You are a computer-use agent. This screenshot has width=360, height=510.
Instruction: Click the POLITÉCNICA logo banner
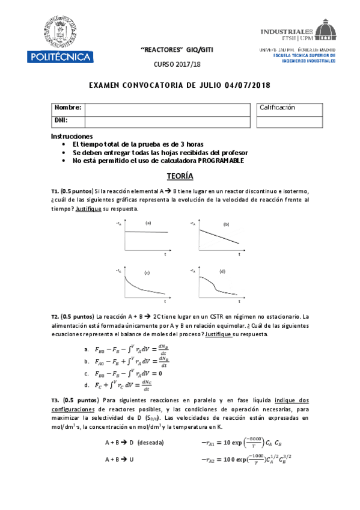[59, 57]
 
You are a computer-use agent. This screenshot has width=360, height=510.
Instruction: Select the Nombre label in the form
[67, 108]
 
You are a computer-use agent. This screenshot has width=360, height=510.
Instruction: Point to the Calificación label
[277, 107]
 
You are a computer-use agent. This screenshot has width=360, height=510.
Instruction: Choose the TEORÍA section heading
[180, 176]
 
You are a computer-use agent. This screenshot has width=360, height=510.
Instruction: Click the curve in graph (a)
[146, 232]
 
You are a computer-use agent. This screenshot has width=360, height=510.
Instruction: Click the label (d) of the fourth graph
[222, 271]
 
